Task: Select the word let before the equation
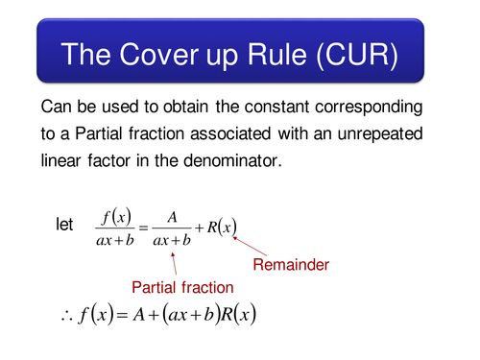pyautogui.click(x=64, y=225)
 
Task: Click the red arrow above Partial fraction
pyautogui.click(x=175, y=263)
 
